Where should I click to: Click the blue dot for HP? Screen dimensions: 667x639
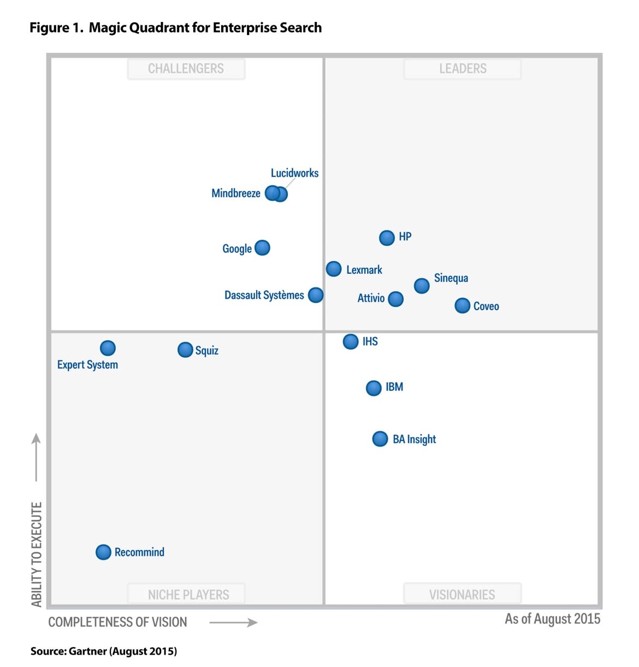(x=387, y=238)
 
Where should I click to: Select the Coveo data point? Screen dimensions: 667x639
(x=462, y=305)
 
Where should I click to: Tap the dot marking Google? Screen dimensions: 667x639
(x=262, y=248)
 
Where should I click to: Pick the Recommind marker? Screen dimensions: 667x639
(x=103, y=552)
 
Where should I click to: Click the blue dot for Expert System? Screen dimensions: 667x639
(x=108, y=348)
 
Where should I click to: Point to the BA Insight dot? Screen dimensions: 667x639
(x=380, y=439)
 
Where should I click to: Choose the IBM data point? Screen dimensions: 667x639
(x=374, y=388)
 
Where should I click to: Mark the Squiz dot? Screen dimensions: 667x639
(x=185, y=350)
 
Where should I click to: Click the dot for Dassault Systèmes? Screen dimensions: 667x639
(x=315, y=295)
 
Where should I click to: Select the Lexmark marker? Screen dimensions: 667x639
(x=334, y=269)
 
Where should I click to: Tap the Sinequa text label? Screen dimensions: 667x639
(x=451, y=278)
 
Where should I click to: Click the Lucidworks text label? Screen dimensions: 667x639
(x=294, y=173)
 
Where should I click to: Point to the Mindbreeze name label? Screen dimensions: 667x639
(x=235, y=193)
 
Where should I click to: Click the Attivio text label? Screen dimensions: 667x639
(x=371, y=298)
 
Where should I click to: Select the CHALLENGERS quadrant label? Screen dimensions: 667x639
(x=186, y=69)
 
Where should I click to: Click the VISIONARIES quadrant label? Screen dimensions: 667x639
(x=462, y=594)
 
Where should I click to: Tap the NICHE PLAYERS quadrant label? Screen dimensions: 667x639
(x=188, y=594)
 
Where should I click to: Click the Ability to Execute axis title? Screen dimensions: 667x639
(x=36, y=554)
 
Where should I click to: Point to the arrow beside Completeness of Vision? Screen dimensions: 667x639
(x=233, y=623)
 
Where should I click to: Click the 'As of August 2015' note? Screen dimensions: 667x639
(x=552, y=619)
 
